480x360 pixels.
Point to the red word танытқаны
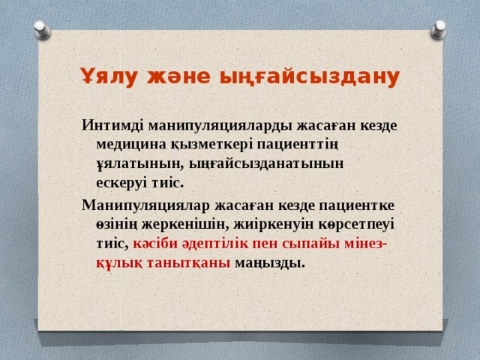tap(188, 262)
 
